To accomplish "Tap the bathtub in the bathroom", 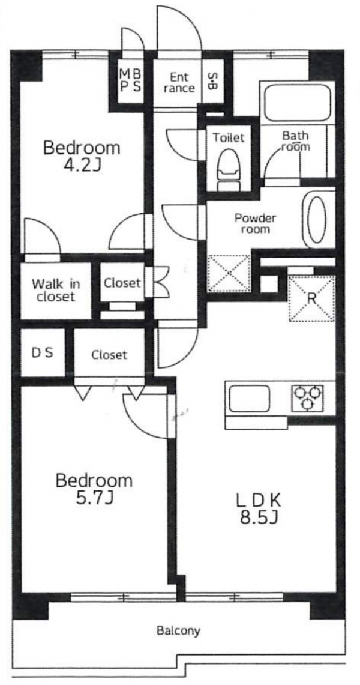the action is coord(298,103).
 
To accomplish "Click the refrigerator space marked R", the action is coord(311,299).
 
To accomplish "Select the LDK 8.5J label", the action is coord(259,508).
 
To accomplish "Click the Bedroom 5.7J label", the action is coord(94,489).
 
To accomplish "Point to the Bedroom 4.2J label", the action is coord(82,155).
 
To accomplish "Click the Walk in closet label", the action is coord(56,291).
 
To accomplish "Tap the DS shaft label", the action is coord(43,352).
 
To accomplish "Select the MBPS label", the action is coord(130,79).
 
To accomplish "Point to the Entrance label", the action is coord(179,83).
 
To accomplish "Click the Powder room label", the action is coord(255,223).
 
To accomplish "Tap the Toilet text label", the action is coord(229,138).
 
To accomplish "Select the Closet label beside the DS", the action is coord(109,355).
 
